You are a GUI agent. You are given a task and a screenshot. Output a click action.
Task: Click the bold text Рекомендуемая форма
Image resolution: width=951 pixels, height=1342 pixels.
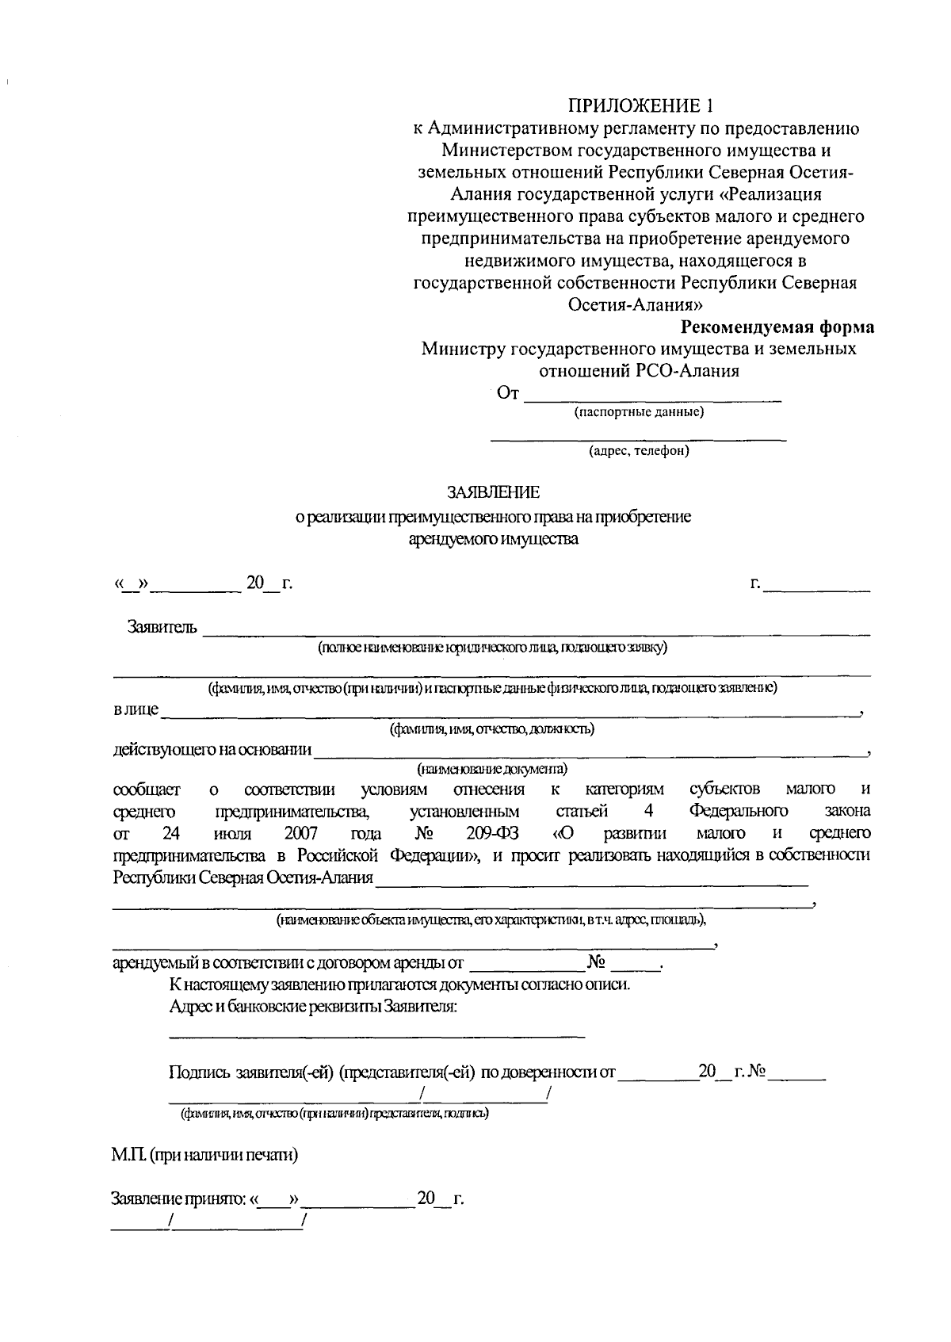point(778,327)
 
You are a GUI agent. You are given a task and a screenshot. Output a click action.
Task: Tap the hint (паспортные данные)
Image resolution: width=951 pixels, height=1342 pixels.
point(639,412)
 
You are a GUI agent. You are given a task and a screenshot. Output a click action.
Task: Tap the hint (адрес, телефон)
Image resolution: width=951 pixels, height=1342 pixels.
point(639,451)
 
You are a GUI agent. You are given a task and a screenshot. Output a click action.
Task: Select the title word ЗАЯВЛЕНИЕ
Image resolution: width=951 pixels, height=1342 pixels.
point(493,493)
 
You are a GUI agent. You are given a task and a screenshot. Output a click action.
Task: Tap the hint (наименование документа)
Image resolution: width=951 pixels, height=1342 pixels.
point(492,769)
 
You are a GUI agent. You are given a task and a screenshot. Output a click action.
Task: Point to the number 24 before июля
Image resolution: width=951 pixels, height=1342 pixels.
point(172,833)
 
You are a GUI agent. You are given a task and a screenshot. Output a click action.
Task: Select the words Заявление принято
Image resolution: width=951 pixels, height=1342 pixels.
point(179,1199)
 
